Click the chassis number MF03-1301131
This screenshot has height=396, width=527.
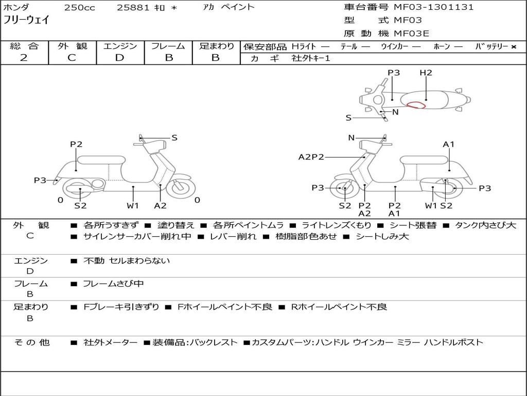pos(433,7)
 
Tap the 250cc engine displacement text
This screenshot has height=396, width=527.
pos(79,8)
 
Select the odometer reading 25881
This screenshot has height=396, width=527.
pos(133,8)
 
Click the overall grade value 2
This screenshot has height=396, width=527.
pos(24,58)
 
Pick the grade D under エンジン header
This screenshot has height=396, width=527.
pos(120,58)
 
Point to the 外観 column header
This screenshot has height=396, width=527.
pos(72,46)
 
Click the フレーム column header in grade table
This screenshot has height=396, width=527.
pos(168,46)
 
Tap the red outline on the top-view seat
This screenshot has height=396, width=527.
pos(416,105)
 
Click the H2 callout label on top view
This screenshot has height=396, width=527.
pos(426,73)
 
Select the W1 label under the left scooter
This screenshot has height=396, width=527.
pos(133,206)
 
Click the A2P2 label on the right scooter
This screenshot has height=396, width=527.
pos(311,157)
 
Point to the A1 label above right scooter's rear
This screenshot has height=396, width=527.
pos(449,144)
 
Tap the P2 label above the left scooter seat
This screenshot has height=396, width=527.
pos(76,144)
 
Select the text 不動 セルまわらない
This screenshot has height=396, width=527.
pos(127,261)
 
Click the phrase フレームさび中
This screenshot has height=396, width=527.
pos(113,284)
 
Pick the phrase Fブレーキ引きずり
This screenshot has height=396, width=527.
pos(121,307)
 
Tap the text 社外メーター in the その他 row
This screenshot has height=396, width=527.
pos(110,342)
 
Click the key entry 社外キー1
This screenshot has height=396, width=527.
pos(311,58)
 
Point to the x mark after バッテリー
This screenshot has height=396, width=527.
pos(513,47)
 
